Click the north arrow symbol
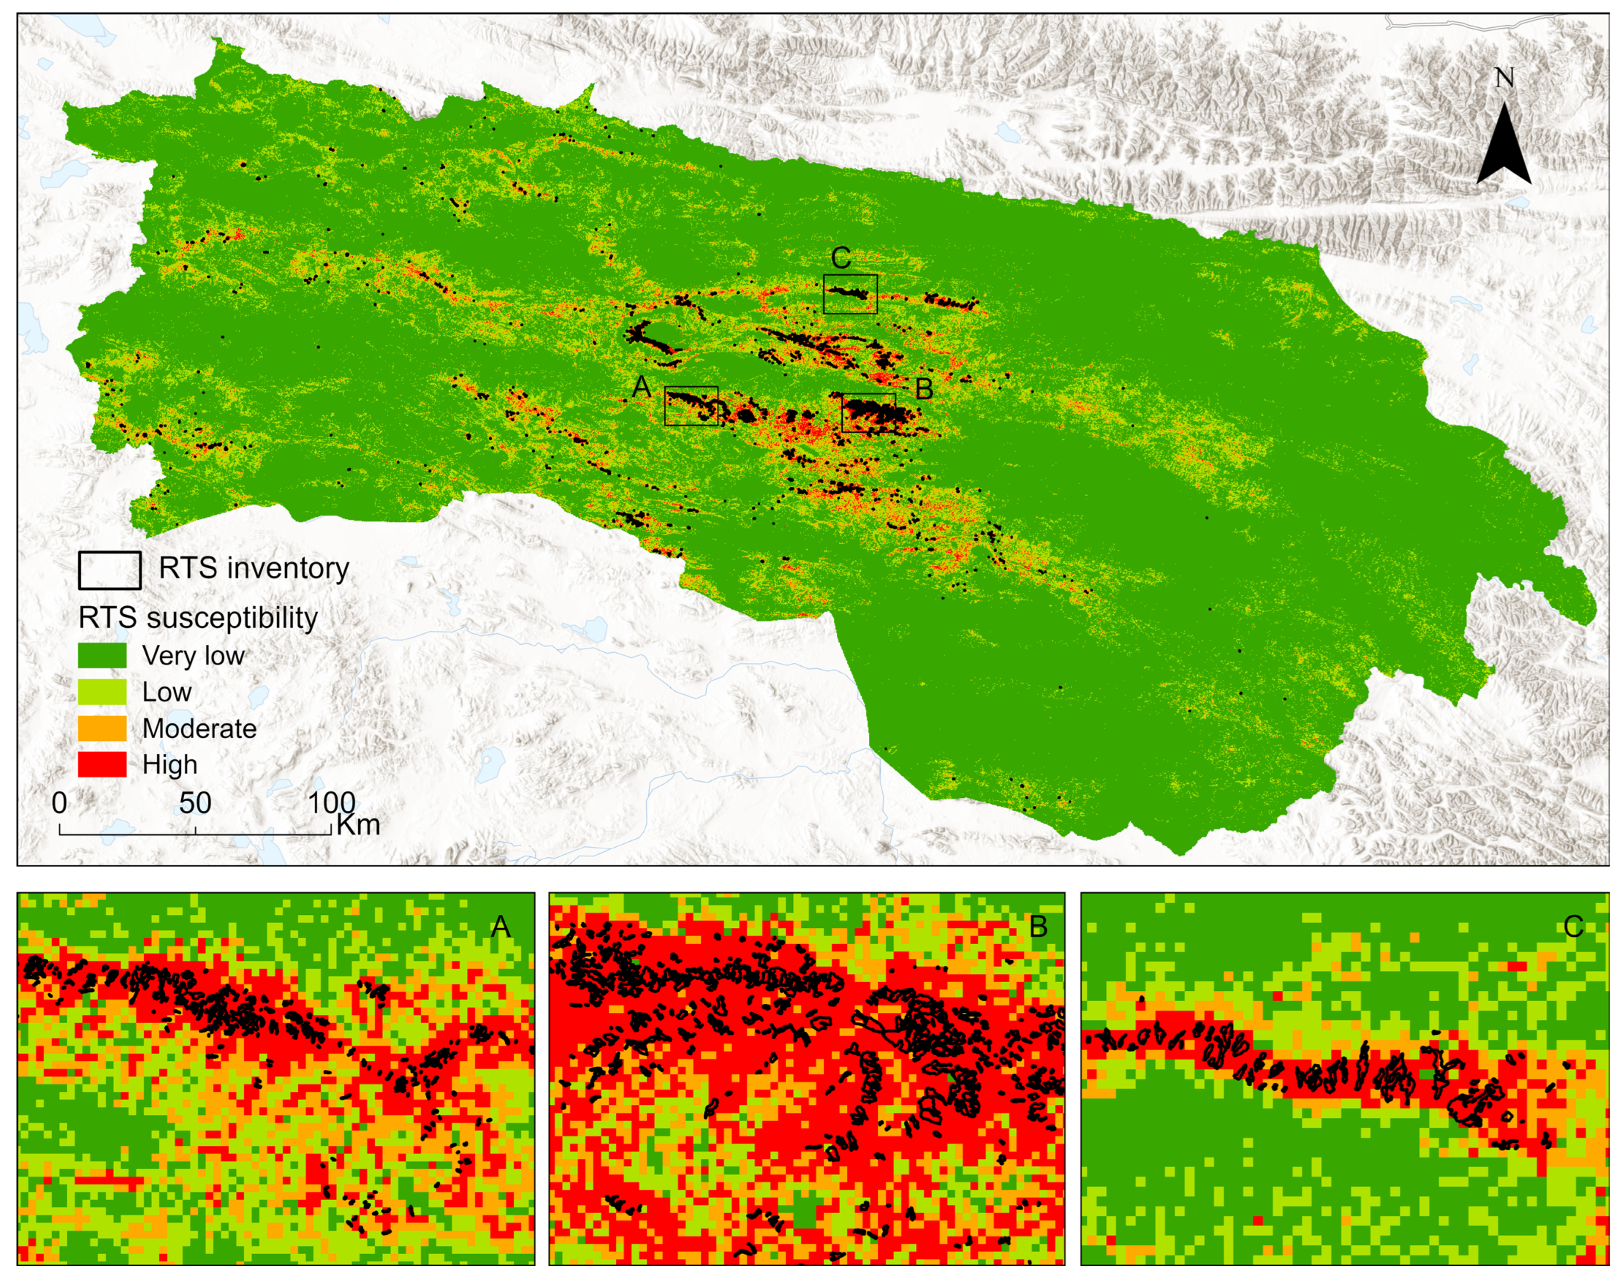pyautogui.click(x=1503, y=146)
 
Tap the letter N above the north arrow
pyautogui.click(x=1504, y=77)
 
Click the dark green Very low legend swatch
pyautogui.click(x=102, y=655)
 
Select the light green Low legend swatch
pyautogui.click(x=102, y=692)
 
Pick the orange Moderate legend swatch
pyautogui.click(x=102, y=728)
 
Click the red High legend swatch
pyautogui.click(x=102, y=764)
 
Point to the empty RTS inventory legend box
pyautogui.click(x=110, y=570)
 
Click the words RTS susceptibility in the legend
pyautogui.click(x=198, y=618)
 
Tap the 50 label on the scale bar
pyautogui.click(x=195, y=803)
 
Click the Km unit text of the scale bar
pyautogui.click(x=359, y=825)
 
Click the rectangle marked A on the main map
pyautogui.click(x=691, y=406)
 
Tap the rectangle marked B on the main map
pyautogui.click(x=868, y=412)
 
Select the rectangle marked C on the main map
pyautogui.click(x=850, y=293)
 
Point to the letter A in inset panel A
pyautogui.click(x=501, y=927)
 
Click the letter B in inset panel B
pyautogui.click(x=1038, y=927)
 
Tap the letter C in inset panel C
pyautogui.click(x=1573, y=927)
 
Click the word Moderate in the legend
pyautogui.click(x=199, y=728)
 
